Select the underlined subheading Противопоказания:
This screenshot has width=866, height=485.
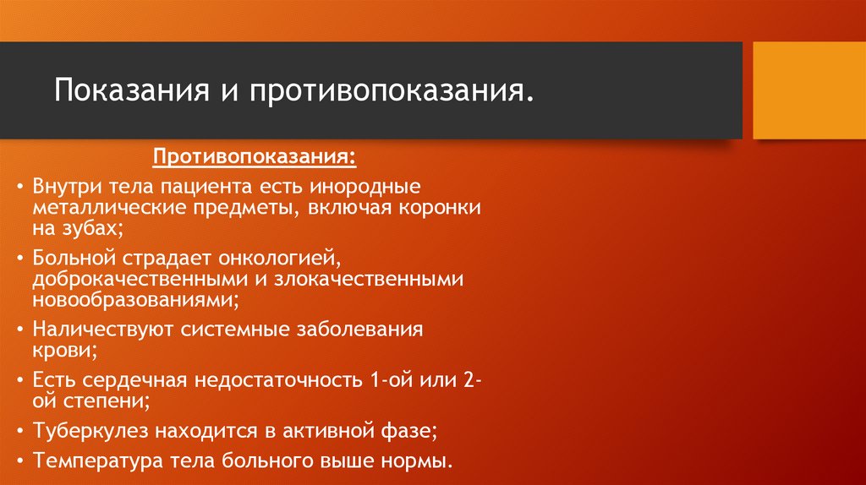(254, 158)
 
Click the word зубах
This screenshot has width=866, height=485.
(91, 227)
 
